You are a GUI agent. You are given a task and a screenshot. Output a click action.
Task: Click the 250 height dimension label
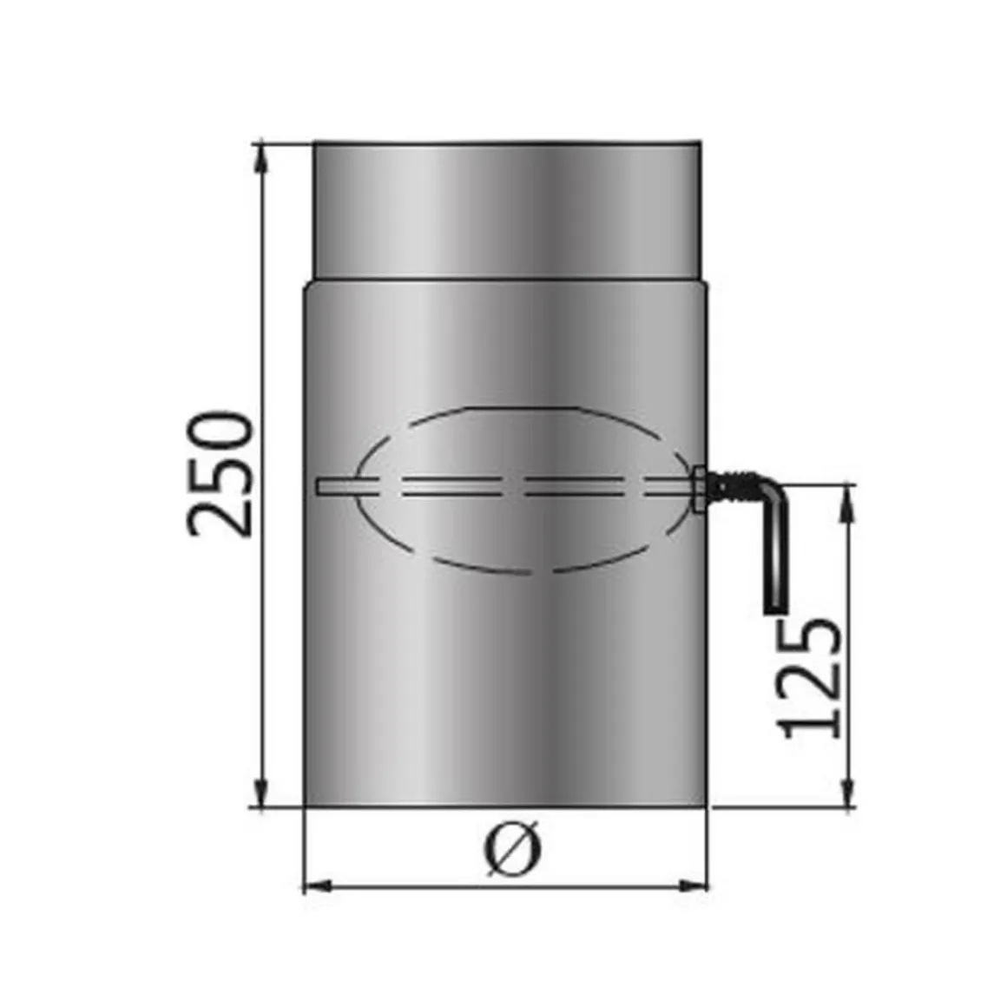tap(220, 474)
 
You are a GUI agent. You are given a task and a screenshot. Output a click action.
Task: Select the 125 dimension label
tap(812, 678)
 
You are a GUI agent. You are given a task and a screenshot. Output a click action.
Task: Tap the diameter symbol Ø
tap(512, 849)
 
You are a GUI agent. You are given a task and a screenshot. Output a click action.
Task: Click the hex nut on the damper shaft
tap(701, 490)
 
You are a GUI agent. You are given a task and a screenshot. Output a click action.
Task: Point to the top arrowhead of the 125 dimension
tap(848, 497)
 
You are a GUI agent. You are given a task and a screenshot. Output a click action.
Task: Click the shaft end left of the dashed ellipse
tap(323, 488)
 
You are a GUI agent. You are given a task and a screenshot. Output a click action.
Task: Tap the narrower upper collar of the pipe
tap(506, 208)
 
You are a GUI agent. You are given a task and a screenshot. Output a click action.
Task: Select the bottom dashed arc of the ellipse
tap(512, 573)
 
